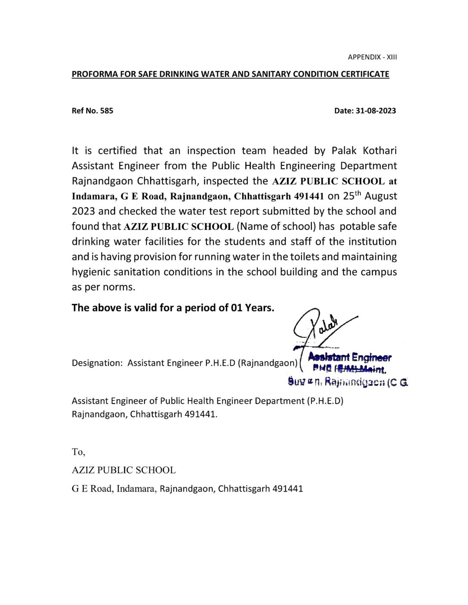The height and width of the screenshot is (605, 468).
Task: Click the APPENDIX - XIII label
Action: point(372,57)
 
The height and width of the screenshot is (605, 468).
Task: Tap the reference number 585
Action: point(107,110)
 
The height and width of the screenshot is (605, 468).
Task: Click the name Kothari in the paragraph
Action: point(377,151)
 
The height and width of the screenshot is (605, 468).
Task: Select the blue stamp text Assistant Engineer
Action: point(350,357)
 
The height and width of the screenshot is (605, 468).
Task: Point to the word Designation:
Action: point(97,363)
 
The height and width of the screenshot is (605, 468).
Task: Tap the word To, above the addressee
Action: point(78,452)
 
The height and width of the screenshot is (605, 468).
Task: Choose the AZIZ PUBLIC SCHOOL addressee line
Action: point(123,470)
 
